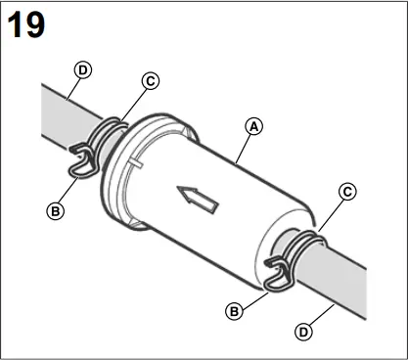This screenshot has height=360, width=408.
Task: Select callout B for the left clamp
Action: click(x=56, y=208)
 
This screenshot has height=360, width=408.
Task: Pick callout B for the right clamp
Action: click(x=233, y=311)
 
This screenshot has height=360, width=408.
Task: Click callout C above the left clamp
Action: click(x=151, y=82)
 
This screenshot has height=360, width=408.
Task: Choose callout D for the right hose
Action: click(x=304, y=332)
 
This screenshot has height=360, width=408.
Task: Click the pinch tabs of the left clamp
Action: click(x=81, y=158)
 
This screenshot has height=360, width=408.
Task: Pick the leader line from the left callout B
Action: click(x=68, y=190)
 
